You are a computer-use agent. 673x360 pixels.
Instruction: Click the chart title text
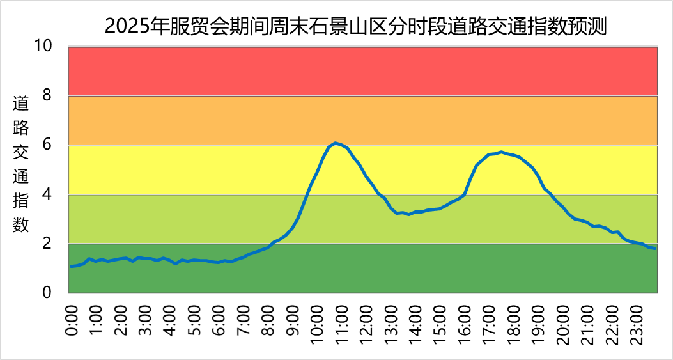click(x=355, y=27)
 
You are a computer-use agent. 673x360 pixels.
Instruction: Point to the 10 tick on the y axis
click(x=43, y=46)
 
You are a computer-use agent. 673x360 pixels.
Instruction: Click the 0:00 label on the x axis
click(x=72, y=320)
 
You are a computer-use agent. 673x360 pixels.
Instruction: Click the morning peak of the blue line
click(x=336, y=143)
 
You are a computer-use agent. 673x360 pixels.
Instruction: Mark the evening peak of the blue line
click(x=502, y=152)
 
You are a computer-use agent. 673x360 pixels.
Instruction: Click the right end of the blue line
click(x=655, y=248)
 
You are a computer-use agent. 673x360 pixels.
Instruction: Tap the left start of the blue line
click(x=71, y=266)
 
